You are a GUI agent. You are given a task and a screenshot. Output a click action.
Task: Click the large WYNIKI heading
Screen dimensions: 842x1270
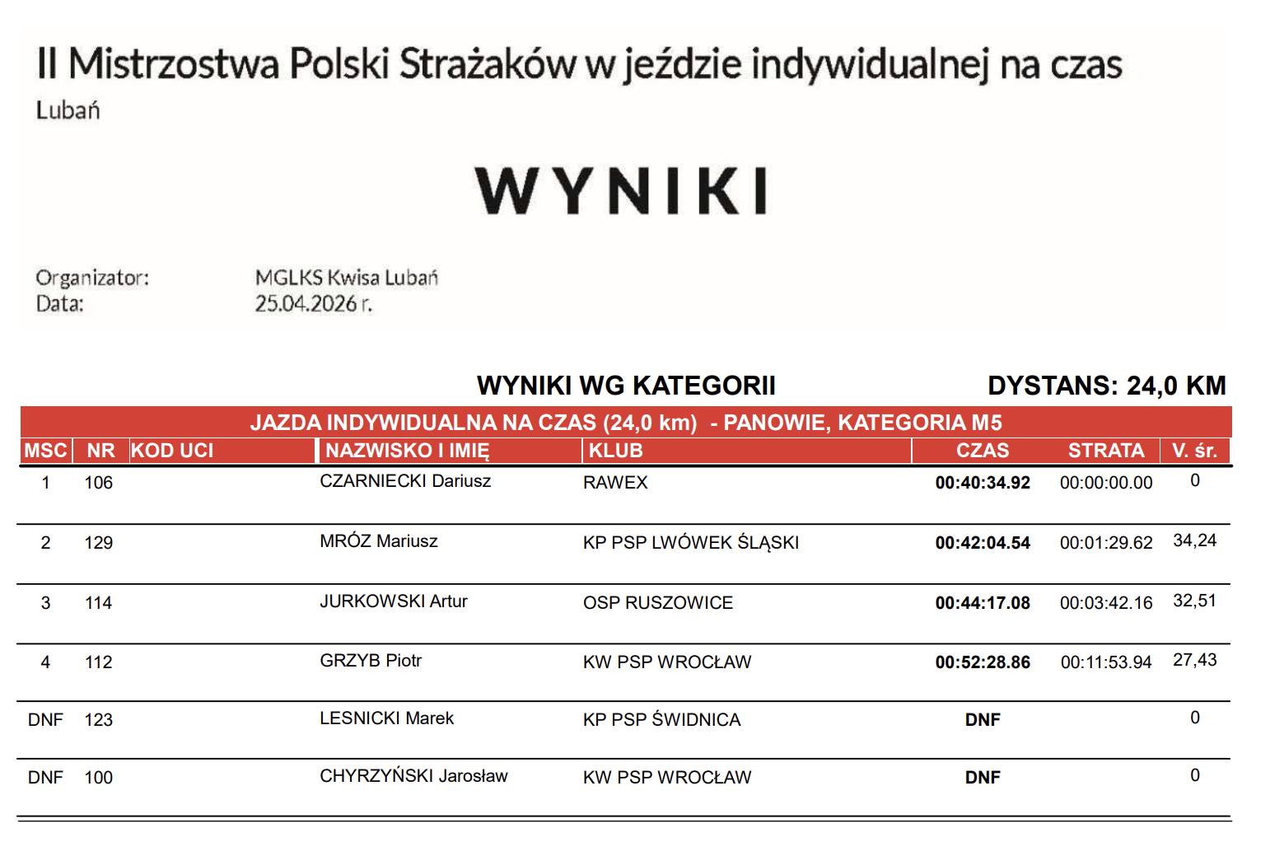pos(621,190)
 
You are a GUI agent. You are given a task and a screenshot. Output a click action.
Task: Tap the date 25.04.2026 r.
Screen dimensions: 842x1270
pos(313,304)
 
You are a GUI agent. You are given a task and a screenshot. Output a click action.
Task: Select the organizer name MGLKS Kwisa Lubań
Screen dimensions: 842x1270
pos(346,278)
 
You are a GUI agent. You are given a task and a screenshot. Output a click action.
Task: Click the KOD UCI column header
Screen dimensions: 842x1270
pos(172,451)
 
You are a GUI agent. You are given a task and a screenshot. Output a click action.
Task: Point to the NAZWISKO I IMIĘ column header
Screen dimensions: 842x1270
pos(407,451)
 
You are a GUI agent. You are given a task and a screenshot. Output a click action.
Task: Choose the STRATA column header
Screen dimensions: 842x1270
pos(1105,451)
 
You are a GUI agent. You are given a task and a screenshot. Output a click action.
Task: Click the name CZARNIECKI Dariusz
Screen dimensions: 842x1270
pos(404,481)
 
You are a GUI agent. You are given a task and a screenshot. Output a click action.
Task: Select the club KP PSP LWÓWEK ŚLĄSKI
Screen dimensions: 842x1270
pos(690,543)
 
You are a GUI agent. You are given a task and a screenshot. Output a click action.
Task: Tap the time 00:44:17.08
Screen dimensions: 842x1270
pos(982,603)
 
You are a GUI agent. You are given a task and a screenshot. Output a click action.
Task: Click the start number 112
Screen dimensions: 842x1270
pos(98,662)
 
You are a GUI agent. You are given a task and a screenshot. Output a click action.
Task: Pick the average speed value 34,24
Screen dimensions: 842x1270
pos(1194,541)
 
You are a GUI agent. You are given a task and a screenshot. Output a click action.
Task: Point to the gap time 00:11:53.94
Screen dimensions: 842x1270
pos(1105,662)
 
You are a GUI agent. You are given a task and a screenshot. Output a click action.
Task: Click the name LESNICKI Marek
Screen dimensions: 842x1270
pos(386,718)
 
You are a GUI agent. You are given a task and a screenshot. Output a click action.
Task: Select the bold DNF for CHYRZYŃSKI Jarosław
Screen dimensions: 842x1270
pos(982,778)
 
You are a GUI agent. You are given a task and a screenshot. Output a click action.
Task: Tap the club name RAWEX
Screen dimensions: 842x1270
pos(615,483)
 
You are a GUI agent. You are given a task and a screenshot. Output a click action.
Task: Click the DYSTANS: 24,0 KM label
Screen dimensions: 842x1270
pos(1106,386)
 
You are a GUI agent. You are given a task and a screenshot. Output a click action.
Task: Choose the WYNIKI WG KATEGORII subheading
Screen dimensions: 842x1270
pos(626,386)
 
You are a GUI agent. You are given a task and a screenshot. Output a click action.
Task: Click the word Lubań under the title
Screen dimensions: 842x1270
pos(68,110)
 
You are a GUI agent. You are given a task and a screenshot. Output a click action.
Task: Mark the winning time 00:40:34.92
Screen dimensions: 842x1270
pos(982,483)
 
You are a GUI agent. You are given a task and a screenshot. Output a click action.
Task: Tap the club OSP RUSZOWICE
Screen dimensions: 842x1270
pos(657,603)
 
